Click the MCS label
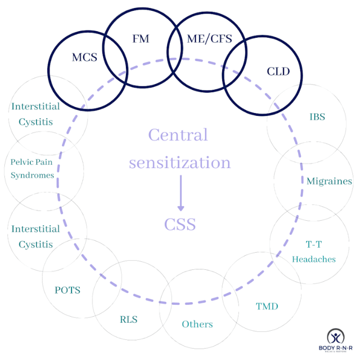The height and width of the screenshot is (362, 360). coord(84,57)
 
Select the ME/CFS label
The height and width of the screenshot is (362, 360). coord(207,39)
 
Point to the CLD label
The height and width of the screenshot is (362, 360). coord(278,71)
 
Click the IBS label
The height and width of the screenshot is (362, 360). coord(317,116)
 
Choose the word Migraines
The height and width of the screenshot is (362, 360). coord(329,181)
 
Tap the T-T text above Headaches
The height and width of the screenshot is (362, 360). coord(314,246)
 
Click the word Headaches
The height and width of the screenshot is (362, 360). coord(314,259)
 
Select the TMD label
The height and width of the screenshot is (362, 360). coord(266,307)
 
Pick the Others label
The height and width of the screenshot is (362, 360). coord(197,324)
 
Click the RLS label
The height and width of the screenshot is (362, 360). coord(129,319)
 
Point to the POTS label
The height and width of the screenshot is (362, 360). coord(67,290)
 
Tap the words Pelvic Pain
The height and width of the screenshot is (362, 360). coord(32,162)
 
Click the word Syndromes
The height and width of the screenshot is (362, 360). coord(32,175)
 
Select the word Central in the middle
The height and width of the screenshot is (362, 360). coord(178,135)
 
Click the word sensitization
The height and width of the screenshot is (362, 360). coord(180,162)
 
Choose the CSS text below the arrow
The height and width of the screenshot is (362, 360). coord(180,224)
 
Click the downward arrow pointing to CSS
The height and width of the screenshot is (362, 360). coord(180,194)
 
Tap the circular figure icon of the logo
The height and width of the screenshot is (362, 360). coord(335,337)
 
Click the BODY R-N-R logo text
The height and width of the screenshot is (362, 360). coord(335,351)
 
